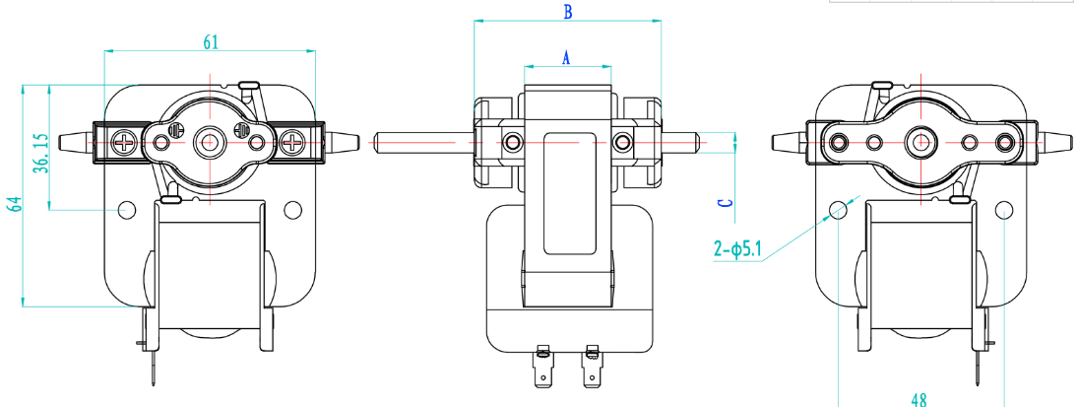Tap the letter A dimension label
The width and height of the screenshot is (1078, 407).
pos(566,58)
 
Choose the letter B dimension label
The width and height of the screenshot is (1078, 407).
pos(566,13)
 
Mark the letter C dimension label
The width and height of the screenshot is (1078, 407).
pos(724,203)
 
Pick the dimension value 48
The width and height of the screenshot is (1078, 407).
pos(919,399)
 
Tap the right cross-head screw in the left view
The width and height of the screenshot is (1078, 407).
pos(293,143)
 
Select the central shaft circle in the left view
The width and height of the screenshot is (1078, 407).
pos(210,142)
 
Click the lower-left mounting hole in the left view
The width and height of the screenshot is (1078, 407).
pos(125,210)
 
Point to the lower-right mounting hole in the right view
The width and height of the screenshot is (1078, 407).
pos(1003,210)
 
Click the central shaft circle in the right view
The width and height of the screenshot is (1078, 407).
pos(921,142)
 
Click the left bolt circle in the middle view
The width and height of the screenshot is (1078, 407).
pos(512,144)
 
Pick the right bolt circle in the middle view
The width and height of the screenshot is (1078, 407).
pos(621,144)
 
